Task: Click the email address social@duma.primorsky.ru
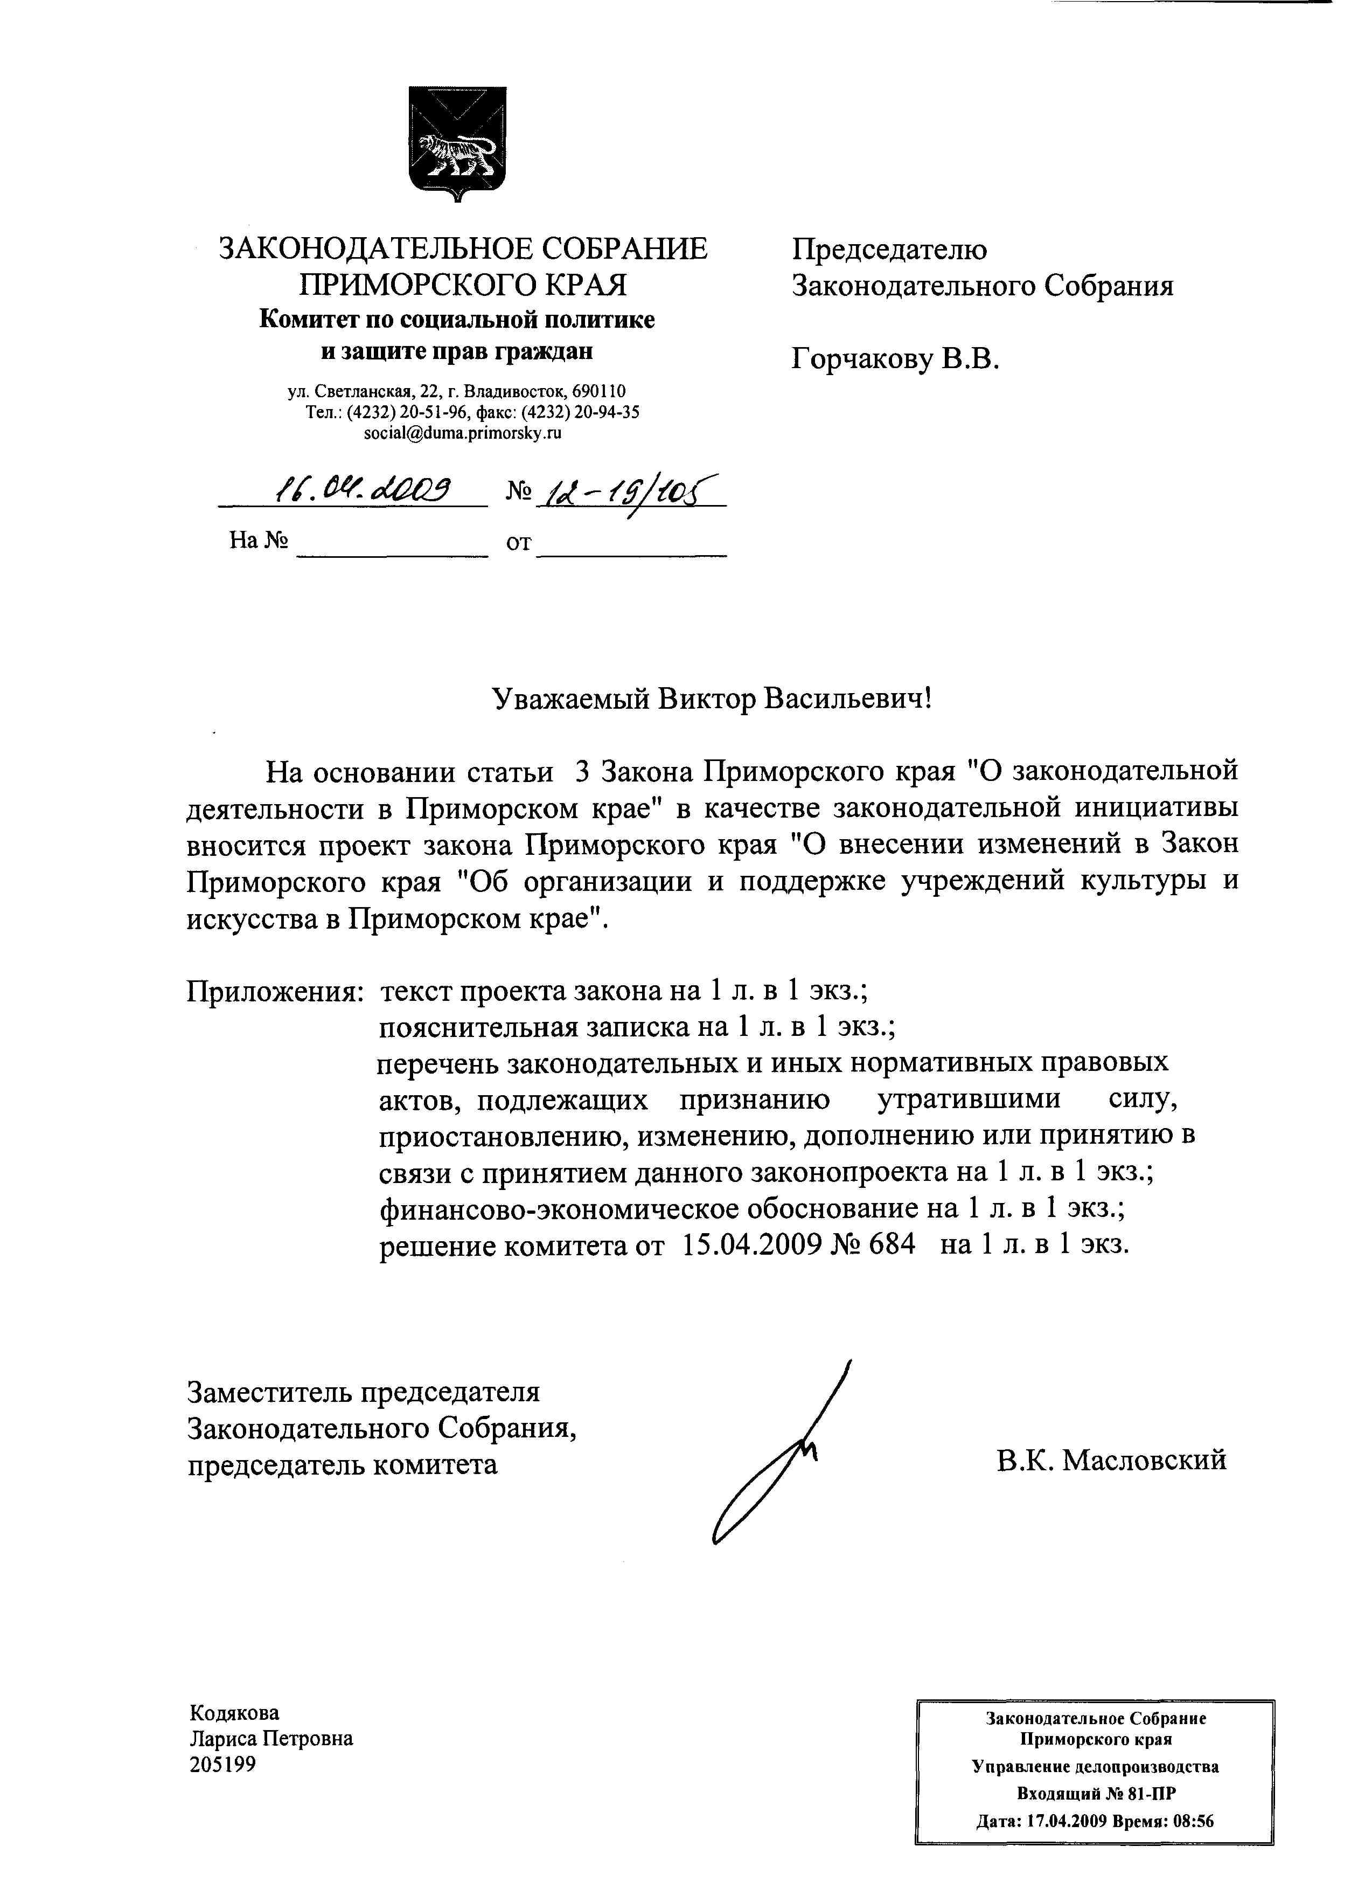pyautogui.click(x=463, y=433)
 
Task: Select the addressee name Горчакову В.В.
pyautogui.click(x=894, y=359)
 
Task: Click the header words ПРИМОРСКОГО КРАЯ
pyautogui.click(x=463, y=285)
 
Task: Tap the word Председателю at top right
pyautogui.click(x=889, y=249)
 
